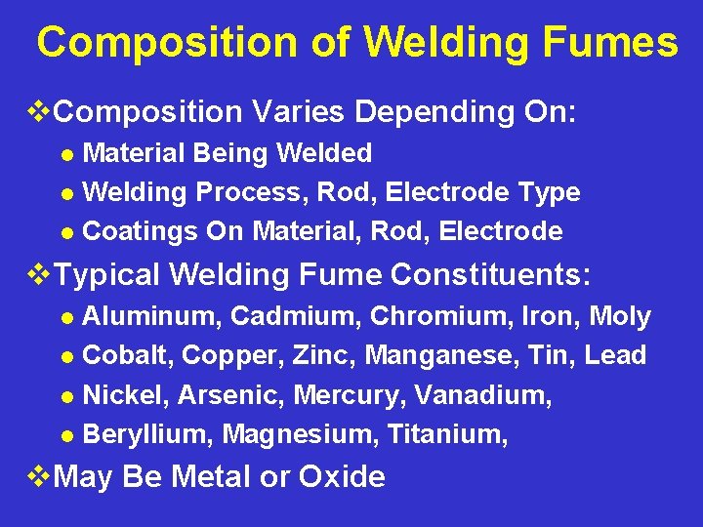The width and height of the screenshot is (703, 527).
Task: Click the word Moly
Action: pos(619,317)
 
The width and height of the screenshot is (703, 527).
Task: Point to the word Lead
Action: pos(615,356)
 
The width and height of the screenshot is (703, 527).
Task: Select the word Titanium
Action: pos(447,435)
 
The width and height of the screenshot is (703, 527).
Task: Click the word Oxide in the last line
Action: pos(342,477)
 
